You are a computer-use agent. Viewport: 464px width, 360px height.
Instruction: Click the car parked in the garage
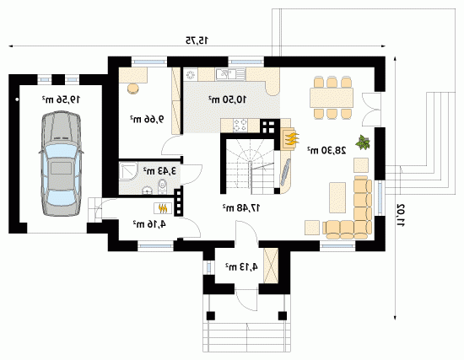[61, 164]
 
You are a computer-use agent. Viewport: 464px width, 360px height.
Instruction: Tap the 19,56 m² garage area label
[61, 99]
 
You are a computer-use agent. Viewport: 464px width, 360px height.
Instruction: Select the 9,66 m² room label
[147, 119]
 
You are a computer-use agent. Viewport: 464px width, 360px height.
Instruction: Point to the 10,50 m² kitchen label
[227, 99]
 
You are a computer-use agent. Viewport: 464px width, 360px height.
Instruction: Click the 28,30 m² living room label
[326, 150]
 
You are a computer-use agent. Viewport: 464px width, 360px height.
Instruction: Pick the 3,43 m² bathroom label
[159, 170]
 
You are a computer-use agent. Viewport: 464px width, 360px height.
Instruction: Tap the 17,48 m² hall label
[241, 208]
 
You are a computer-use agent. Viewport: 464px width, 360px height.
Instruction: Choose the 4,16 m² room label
[149, 224]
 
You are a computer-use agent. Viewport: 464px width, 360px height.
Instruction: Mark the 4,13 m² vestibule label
[241, 267]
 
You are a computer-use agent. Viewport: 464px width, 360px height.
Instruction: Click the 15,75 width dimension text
[197, 40]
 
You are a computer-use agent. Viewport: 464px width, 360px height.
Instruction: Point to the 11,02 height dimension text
[401, 215]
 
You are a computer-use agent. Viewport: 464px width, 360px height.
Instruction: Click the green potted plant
[363, 142]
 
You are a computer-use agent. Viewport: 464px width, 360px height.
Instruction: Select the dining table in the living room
[332, 98]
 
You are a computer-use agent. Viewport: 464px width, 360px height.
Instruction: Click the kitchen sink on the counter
[231, 74]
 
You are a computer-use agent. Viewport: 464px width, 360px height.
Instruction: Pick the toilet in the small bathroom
[163, 186]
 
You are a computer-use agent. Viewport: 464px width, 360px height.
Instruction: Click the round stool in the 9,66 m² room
[132, 89]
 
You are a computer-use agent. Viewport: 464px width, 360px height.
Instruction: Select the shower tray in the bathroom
[128, 171]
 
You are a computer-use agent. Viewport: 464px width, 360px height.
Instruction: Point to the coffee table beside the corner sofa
[337, 197]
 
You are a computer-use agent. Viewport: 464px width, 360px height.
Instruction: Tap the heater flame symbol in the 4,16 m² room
[162, 208]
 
